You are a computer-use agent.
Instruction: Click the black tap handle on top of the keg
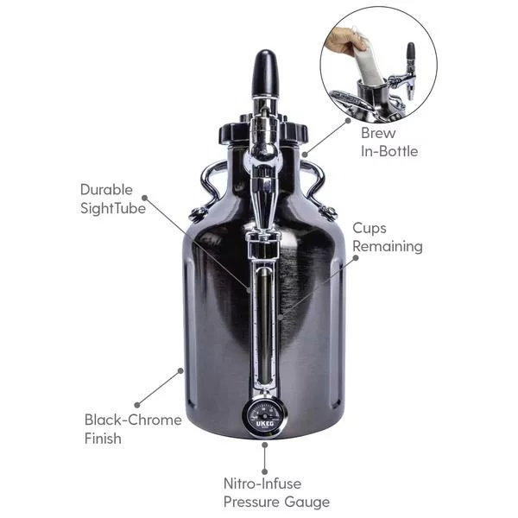coord(265,75)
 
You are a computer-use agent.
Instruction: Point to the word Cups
coord(372,228)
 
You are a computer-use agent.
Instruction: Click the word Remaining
coord(388,246)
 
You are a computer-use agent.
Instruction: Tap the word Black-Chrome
coord(133,420)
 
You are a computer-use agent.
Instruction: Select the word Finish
coord(103,439)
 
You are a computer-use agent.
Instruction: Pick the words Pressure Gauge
coord(276,502)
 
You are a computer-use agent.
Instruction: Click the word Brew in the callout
coord(378,134)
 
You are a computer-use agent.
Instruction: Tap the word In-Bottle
coord(389,152)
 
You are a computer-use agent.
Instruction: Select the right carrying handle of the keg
coord(320,184)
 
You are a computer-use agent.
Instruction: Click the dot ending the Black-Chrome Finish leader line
coord(180,371)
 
